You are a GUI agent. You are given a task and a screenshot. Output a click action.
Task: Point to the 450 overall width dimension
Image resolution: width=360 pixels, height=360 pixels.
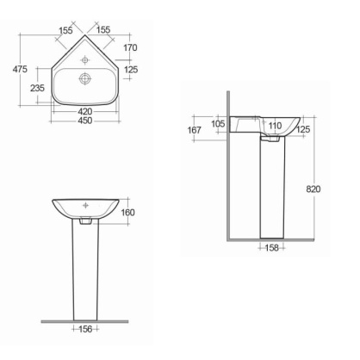84,121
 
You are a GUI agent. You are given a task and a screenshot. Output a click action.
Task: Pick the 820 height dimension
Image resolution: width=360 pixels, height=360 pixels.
318,188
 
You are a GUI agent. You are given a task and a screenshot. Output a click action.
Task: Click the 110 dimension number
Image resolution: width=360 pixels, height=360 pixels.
275,126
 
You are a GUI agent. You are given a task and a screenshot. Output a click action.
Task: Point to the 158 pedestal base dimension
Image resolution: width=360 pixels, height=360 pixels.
272,249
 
